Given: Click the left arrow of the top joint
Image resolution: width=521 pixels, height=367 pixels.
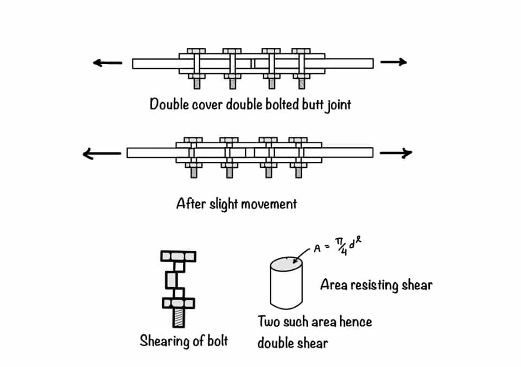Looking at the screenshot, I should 107,63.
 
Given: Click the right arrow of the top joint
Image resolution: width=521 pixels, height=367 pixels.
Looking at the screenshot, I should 393,62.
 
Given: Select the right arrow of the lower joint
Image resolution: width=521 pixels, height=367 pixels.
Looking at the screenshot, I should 396,154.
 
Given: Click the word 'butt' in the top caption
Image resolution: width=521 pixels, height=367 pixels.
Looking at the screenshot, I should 309,104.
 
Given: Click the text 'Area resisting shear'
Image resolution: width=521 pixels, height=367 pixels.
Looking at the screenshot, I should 376,284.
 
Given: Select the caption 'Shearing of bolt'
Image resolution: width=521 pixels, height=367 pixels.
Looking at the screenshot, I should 184,341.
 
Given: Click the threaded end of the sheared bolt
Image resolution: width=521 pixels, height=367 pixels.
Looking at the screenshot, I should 178,318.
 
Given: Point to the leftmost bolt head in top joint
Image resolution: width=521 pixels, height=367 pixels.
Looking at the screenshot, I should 196,51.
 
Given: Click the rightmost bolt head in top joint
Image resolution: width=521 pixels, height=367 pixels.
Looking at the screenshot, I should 301,51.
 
